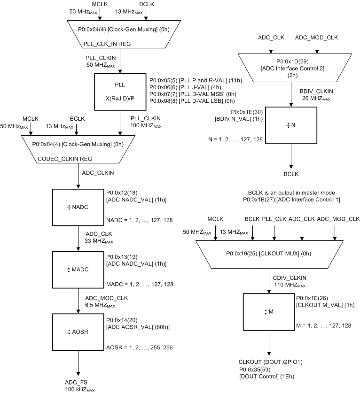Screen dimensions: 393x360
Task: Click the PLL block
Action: point(120,91)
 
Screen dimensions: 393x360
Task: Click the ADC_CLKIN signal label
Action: point(98,173)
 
